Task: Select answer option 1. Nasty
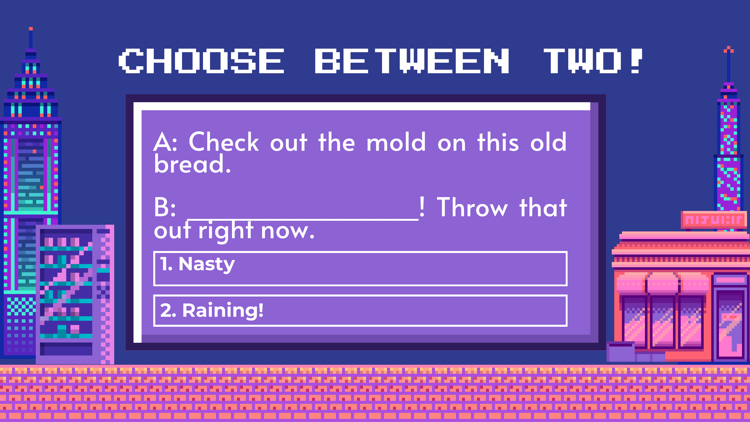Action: pos(360,268)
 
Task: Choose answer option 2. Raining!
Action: pos(360,310)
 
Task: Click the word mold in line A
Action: pos(396,142)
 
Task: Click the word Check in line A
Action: pos(223,142)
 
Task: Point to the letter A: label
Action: pos(165,142)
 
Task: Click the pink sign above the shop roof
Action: pos(713,219)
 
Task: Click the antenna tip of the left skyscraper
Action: pos(31,29)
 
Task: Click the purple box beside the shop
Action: pos(620,352)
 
